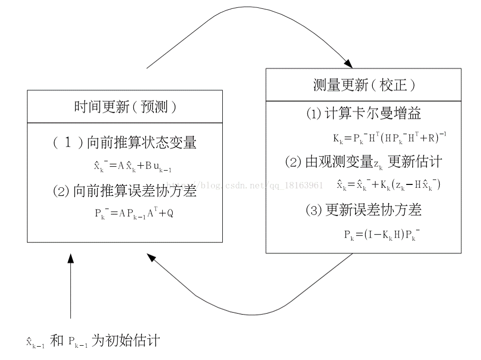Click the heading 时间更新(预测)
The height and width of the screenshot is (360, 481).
click(125, 107)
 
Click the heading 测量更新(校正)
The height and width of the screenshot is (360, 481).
click(364, 85)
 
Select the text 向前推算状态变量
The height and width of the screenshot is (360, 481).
click(142, 143)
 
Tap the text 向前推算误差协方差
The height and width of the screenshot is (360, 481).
click(135, 191)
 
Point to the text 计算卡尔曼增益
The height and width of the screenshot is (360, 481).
click(373, 114)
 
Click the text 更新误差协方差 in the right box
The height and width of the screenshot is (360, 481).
click(373, 210)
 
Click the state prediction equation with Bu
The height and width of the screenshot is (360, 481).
click(133, 166)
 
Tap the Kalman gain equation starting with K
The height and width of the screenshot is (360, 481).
click(389, 138)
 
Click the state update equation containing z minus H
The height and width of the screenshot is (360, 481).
click(389, 185)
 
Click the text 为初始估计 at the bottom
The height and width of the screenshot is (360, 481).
click(125, 340)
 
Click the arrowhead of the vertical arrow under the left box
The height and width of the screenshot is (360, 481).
click(71, 259)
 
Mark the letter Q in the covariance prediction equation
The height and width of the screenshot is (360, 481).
click(170, 214)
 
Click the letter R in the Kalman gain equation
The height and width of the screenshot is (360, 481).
click(432, 138)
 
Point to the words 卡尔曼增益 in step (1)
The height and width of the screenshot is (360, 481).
click(393, 114)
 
